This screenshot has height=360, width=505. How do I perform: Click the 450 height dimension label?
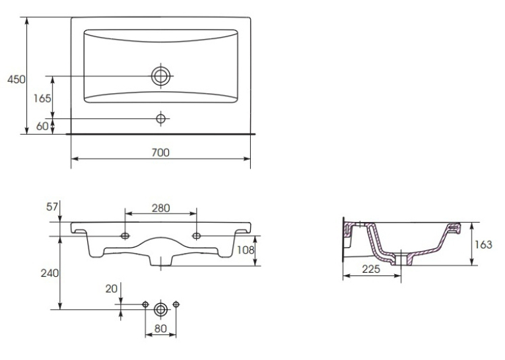[16, 79]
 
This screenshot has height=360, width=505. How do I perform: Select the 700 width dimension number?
[160, 153]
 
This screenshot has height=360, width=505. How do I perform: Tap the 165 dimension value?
[42, 98]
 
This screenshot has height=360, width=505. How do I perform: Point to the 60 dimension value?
[42, 126]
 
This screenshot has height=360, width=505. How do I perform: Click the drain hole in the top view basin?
[160, 76]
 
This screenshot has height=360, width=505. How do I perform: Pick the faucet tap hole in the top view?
[160, 119]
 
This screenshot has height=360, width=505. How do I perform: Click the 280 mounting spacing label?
[160, 208]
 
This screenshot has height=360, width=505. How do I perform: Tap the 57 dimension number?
[52, 207]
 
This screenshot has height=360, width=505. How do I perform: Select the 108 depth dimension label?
[246, 250]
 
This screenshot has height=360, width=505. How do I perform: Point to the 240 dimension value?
[50, 273]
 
